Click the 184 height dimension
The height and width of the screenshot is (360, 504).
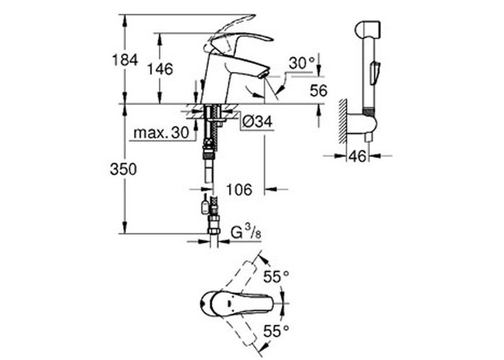pos(125,60)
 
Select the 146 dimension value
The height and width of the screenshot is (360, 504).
pos(160,69)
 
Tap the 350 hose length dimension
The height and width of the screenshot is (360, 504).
pos(123,169)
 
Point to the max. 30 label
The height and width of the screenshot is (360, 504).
pos(161,132)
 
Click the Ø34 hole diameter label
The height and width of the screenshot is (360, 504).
pos(257,122)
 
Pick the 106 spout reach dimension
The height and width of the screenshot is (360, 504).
pos(240,189)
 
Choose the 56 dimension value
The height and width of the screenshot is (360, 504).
pos(318,91)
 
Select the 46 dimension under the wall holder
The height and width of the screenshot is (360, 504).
pos(357,156)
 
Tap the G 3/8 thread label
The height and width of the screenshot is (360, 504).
pos(246,232)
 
